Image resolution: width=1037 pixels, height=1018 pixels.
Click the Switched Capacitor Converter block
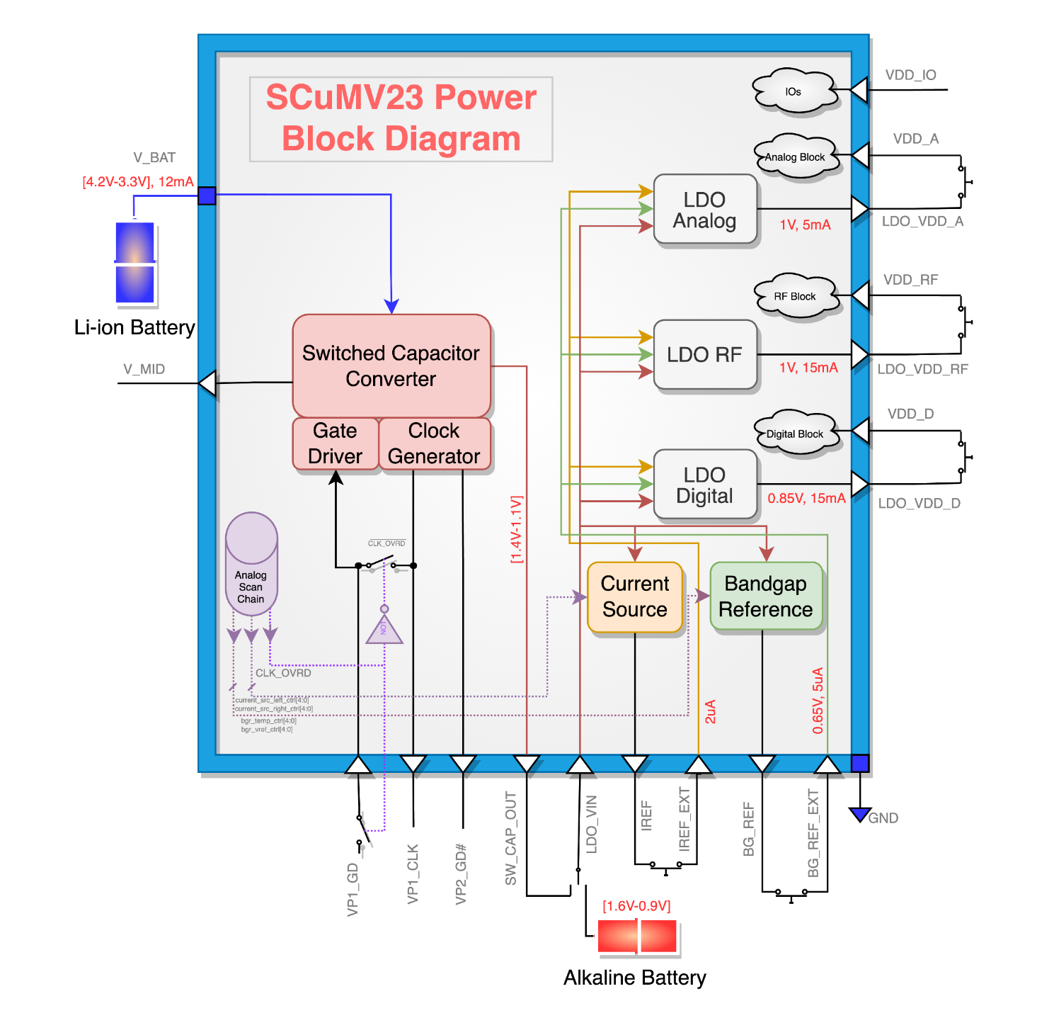(x=391, y=366)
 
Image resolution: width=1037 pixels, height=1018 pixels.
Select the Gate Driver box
(x=335, y=443)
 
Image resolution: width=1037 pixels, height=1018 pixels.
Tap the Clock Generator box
(x=434, y=443)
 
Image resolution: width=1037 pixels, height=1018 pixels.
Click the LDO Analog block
(x=705, y=210)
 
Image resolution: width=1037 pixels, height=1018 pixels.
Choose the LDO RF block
(x=705, y=354)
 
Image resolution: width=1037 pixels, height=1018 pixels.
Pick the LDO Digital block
(x=705, y=485)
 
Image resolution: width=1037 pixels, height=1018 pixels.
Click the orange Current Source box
(x=635, y=596)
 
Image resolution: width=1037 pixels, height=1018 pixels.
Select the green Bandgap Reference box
(x=766, y=596)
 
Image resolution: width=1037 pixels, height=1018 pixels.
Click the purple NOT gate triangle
(x=384, y=630)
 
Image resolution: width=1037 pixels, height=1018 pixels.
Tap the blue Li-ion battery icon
(x=134, y=263)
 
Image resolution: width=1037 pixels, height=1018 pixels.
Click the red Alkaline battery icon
(x=637, y=936)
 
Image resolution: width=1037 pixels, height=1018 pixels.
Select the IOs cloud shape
(x=793, y=91)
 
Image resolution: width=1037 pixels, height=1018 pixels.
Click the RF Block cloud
(x=795, y=296)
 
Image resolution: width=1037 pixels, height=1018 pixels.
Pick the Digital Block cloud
(x=795, y=434)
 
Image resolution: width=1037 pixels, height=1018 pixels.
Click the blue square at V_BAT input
(x=207, y=196)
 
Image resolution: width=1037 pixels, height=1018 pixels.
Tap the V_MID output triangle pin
(x=208, y=383)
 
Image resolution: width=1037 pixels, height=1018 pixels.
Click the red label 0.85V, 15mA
(x=806, y=498)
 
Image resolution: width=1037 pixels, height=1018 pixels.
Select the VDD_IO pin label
(x=910, y=75)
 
